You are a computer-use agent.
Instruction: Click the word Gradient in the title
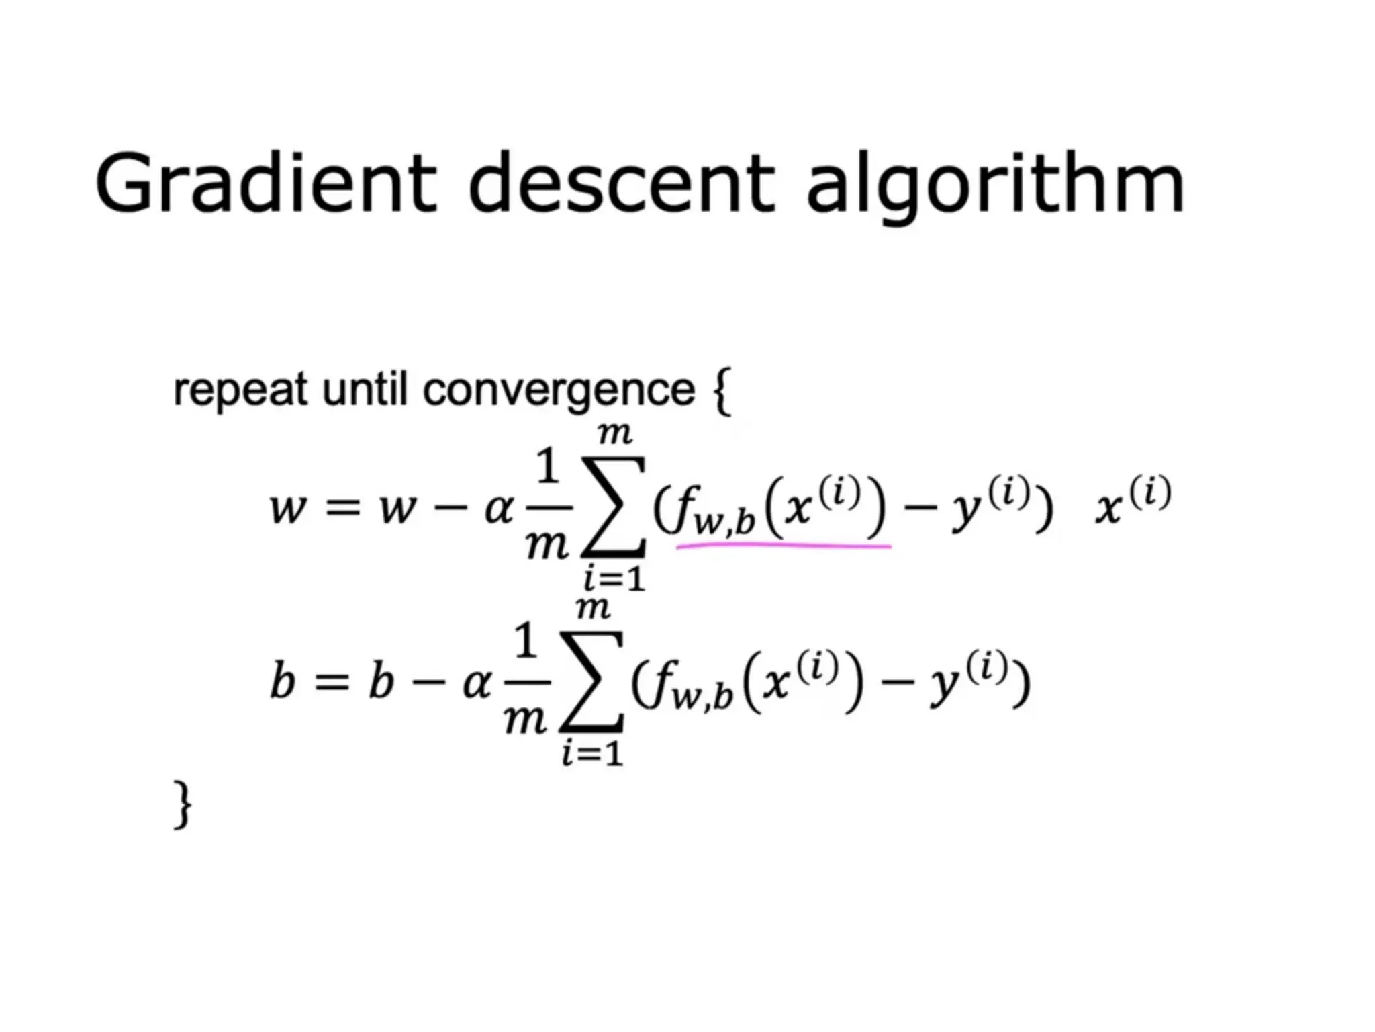pos(265,183)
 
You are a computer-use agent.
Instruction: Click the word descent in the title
pos(621,183)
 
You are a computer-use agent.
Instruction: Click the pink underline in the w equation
pos(784,547)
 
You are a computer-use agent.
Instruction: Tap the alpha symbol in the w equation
pos(499,509)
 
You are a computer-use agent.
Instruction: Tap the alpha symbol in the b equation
pos(477,683)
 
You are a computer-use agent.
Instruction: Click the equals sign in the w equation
pos(342,509)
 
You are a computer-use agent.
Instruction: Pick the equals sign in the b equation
pos(332,683)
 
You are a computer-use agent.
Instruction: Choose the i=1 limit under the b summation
pos(592,753)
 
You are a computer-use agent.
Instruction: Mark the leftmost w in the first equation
pos(288,509)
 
